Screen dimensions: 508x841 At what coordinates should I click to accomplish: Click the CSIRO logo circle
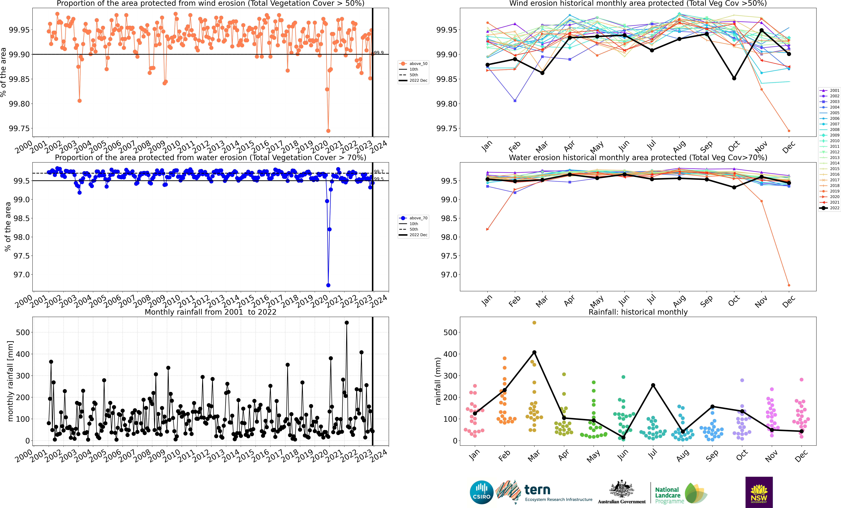[x=482, y=492]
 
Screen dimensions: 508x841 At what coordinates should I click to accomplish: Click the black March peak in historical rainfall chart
[x=534, y=352]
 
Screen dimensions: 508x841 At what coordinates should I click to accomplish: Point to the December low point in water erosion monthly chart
[x=789, y=285]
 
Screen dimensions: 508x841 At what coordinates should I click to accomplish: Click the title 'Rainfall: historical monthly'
[x=638, y=312]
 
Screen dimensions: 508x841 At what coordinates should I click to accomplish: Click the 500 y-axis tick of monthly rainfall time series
[x=23, y=332]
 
